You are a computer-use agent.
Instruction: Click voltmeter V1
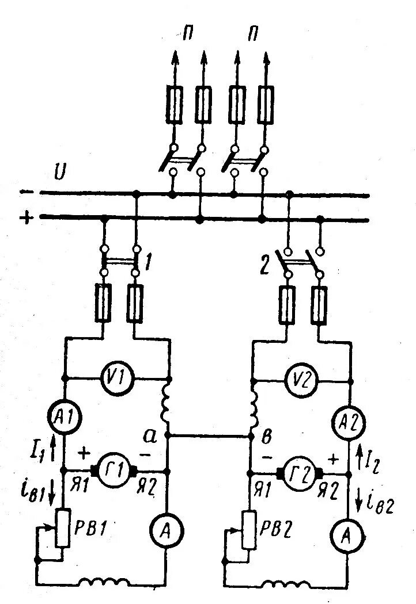click(119, 380)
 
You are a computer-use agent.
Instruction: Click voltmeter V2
click(301, 379)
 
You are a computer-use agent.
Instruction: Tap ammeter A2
click(350, 426)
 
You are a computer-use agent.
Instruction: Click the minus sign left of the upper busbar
click(27, 192)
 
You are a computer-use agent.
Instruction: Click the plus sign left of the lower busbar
click(26, 218)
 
